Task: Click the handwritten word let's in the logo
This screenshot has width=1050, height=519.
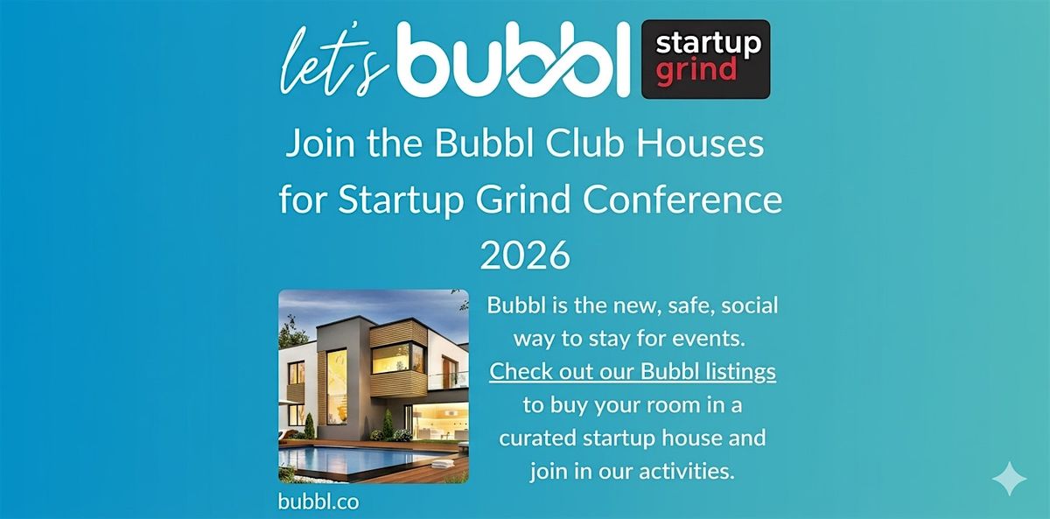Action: pos(334,61)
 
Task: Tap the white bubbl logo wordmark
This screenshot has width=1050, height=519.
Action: pos(514,59)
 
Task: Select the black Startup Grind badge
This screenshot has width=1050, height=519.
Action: pos(705,59)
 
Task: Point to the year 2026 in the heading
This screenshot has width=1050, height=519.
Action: pos(525,256)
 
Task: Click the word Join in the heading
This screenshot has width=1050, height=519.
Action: pos(320,143)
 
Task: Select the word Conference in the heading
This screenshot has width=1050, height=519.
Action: pos(682,200)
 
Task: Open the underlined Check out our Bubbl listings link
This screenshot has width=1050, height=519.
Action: pos(633,372)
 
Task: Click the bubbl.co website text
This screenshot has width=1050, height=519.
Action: pos(318,501)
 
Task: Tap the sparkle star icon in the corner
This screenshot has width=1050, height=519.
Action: pos(1009,478)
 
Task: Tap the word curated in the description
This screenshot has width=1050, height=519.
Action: pos(537,438)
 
